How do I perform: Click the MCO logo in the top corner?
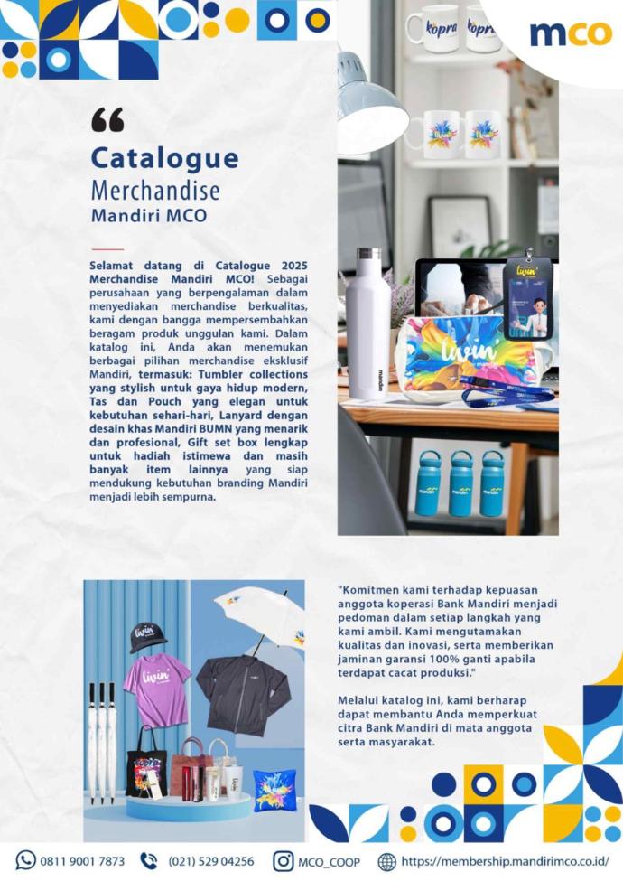point(570,33)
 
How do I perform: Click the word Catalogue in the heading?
point(164,158)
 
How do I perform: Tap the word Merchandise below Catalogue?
point(154,191)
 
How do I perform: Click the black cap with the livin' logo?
point(147,636)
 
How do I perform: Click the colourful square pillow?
point(274,789)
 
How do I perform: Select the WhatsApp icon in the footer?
point(26,861)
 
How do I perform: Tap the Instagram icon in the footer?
point(284,861)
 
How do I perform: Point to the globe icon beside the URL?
point(387,861)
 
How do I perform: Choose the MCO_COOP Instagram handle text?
point(329,861)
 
